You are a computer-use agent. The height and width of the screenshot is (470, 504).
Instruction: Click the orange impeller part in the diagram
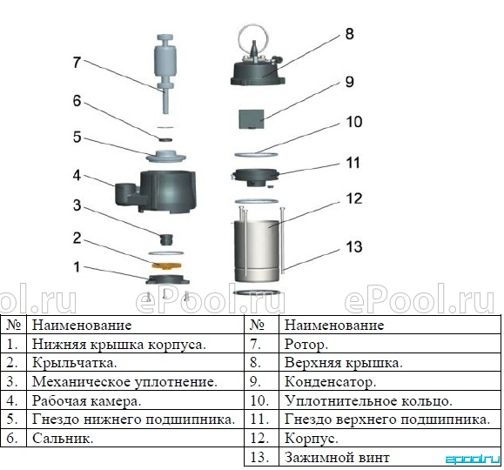tap(166, 265)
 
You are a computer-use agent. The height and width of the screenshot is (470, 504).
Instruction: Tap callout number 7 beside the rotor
tap(77, 63)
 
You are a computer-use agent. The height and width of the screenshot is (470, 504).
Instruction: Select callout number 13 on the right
tap(354, 247)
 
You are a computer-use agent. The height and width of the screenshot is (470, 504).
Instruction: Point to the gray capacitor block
tap(251, 119)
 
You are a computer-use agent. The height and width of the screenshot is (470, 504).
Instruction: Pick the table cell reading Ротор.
tap(306, 345)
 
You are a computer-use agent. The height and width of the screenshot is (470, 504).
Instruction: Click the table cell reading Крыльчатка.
tap(74, 363)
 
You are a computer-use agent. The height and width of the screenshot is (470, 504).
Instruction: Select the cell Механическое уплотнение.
tap(124, 382)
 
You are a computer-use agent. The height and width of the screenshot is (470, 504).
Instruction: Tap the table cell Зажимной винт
tap(337, 457)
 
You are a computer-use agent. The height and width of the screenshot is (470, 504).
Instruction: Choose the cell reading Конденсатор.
tap(330, 382)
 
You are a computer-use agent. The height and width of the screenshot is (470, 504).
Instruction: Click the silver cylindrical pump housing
tap(256, 251)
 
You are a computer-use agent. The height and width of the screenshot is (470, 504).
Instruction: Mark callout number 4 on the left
tap(77, 176)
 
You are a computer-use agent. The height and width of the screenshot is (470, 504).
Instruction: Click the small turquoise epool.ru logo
tap(472, 460)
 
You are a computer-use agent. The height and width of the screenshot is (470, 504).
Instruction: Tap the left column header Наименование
tap(82, 325)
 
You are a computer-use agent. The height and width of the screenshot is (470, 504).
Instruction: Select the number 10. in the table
tap(259, 401)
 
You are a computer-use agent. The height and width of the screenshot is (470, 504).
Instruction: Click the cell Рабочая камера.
tap(86, 401)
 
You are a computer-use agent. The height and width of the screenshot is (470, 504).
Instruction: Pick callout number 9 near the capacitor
tap(349, 82)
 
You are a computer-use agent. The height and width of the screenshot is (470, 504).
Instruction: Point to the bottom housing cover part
tap(167, 279)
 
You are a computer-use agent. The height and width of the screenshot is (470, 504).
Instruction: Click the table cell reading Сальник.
tap(63, 438)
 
